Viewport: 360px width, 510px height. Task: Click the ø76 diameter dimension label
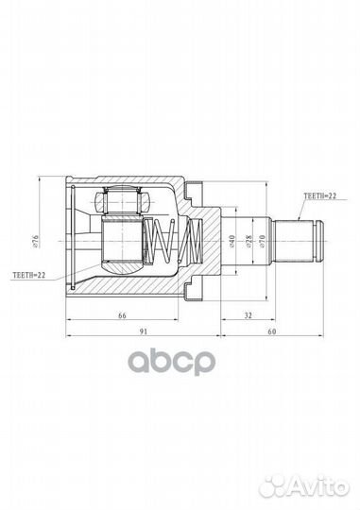[x=36, y=241]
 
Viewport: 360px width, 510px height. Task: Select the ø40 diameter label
[x=231, y=241]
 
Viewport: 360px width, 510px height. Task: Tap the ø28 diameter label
[x=249, y=241]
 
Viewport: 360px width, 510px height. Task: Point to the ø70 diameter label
[x=263, y=241]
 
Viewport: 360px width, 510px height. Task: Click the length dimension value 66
[x=122, y=315]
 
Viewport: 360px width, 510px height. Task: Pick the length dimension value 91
[x=144, y=331]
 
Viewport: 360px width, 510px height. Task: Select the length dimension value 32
[x=248, y=315]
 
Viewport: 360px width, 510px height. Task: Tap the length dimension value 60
[x=272, y=331]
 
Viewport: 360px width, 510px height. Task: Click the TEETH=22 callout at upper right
[x=319, y=195]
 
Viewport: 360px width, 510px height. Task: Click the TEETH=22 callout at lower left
[x=29, y=275]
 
